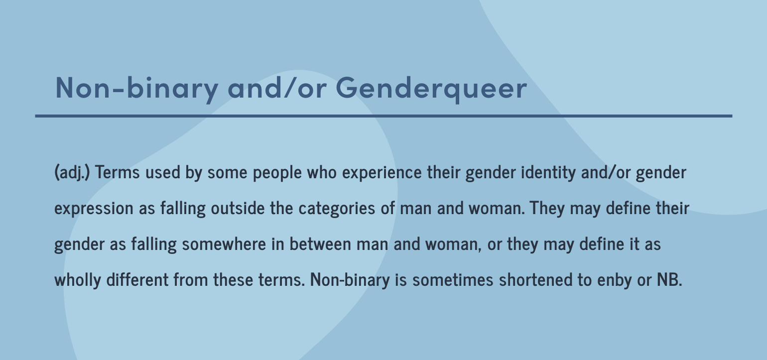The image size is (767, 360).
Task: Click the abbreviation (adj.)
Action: point(72,172)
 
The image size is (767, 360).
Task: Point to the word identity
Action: point(548,173)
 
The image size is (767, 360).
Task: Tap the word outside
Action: point(238,208)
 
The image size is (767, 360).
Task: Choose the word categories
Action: point(337,209)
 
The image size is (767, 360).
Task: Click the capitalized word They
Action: point(547,209)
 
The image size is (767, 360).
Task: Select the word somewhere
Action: point(224,244)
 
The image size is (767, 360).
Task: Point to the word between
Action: point(321,244)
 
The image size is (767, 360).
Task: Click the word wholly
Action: point(78,280)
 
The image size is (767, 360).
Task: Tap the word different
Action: point(137,279)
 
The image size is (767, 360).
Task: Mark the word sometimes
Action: point(453,280)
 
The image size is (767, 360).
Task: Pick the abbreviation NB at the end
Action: point(668,279)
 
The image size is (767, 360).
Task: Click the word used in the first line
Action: point(163,172)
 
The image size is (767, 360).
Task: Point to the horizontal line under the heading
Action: point(383,116)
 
